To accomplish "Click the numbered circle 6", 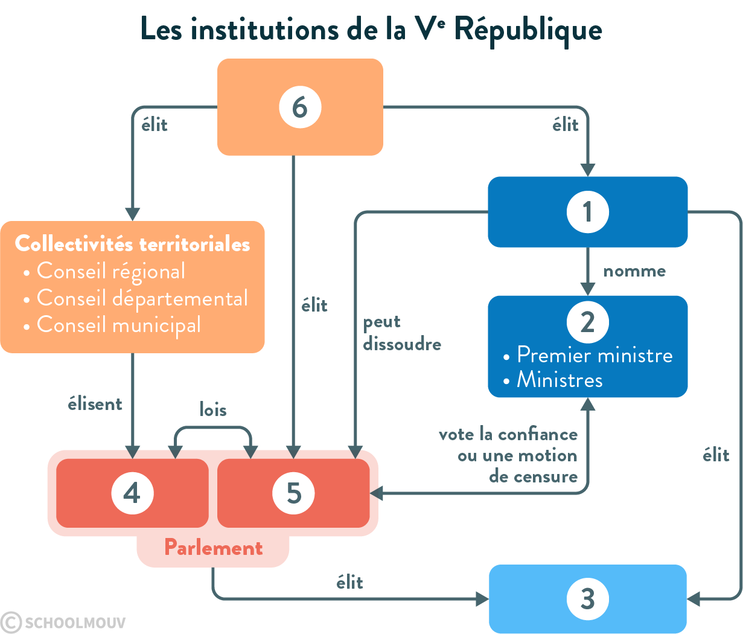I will coord(300,107).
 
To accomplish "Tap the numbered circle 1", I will coord(587,212).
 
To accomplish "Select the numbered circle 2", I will coord(587,322).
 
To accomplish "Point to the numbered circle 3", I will coord(587,599).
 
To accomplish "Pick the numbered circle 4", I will coord(132,493).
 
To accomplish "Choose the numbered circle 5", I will coord(293,493).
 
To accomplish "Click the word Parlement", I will coord(213,548).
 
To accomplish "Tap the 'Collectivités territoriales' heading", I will coord(132,244).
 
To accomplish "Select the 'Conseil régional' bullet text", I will coord(111,272).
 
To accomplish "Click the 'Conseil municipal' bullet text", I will coord(119,325).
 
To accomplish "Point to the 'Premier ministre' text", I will coord(595,355).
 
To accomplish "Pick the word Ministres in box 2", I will coord(560,380).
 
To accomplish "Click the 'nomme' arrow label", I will coord(634,271).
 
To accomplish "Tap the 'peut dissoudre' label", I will coord(401,333).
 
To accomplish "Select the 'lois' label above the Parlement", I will coord(213,410).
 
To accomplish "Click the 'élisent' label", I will coord(95,404).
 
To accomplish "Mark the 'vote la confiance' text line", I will coord(508,435).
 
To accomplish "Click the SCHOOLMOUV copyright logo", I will coord(63,622).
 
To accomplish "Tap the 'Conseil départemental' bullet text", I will coord(142,298).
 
